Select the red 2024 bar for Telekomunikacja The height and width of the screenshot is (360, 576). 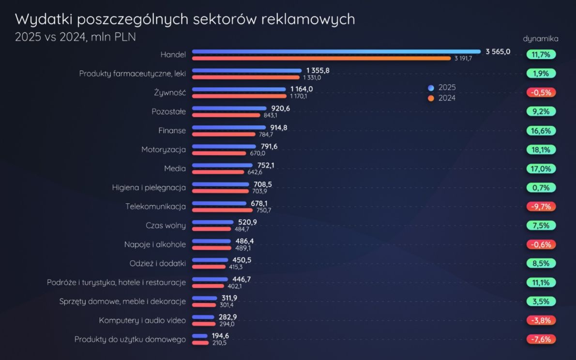pyautogui.click(x=222, y=210)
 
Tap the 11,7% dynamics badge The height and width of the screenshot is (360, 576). pyautogui.click(x=541, y=55)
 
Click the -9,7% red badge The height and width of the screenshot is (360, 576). pyautogui.click(x=541, y=207)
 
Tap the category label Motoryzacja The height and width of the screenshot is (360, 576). pyautogui.click(x=164, y=150)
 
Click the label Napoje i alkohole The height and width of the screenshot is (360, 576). pyautogui.click(x=155, y=244)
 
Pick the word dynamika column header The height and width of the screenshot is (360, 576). pyautogui.click(x=541, y=39)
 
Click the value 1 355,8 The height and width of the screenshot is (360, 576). pyautogui.click(x=318, y=71)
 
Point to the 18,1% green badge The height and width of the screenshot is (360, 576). pyautogui.click(x=541, y=150)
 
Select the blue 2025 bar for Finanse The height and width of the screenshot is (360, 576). pyautogui.click(x=229, y=127)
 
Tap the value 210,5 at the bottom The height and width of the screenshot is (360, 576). pyautogui.click(x=219, y=343)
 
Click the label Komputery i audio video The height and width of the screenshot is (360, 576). pyautogui.click(x=142, y=320)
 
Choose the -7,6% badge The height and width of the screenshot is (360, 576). pyautogui.click(x=541, y=339)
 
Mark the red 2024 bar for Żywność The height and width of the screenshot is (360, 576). pyautogui.click(x=239, y=96)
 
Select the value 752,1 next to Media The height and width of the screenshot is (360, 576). pyautogui.click(x=266, y=165)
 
